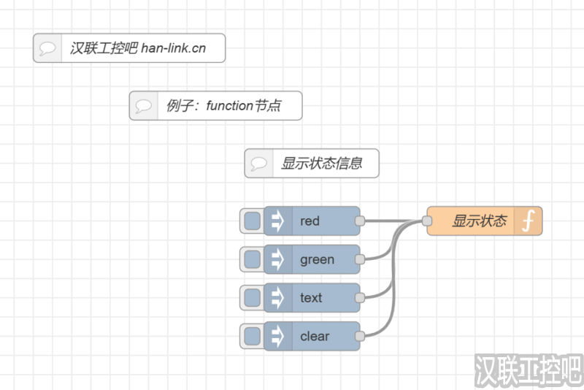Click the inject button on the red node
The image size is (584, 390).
pyautogui.click(x=252, y=221)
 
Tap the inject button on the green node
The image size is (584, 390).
pyautogui.click(x=252, y=259)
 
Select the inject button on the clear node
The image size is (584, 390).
pyautogui.click(x=252, y=336)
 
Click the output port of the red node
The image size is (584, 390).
pyautogui.click(x=359, y=221)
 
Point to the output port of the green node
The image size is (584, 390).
pyautogui.click(x=359, y=259)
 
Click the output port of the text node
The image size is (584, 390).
pyautogui.click(x=359, y=297)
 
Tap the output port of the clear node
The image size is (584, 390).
pyautogui.click(x=359, y=336)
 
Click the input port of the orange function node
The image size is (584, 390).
pyautogui.click(x=427, y=221)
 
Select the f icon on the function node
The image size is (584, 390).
pyautogui.click(x=529, y=221)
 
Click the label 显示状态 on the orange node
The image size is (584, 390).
pyautogui.click(x=479, y=221)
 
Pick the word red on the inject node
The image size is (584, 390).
pyautogui.click(x=310, y=221)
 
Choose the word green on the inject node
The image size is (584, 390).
pyautogui.click(x=317, y=259)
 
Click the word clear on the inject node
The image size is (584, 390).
pyautogui.click(x=315, y=336)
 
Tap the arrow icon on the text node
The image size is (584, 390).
pyautogui.click(x=277, y=297)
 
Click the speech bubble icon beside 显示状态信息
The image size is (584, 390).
pyautogui.click(x=258, y=164)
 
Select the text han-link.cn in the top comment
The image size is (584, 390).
pyautogui.click(x=173, y=48)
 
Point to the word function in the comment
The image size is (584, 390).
pyautogui.click(x=229, y=106)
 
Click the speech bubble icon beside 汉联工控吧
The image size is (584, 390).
pyautogui.click(x=47, y=48)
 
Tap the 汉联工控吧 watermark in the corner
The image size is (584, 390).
pyautogui.click(x=528, y=371)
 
